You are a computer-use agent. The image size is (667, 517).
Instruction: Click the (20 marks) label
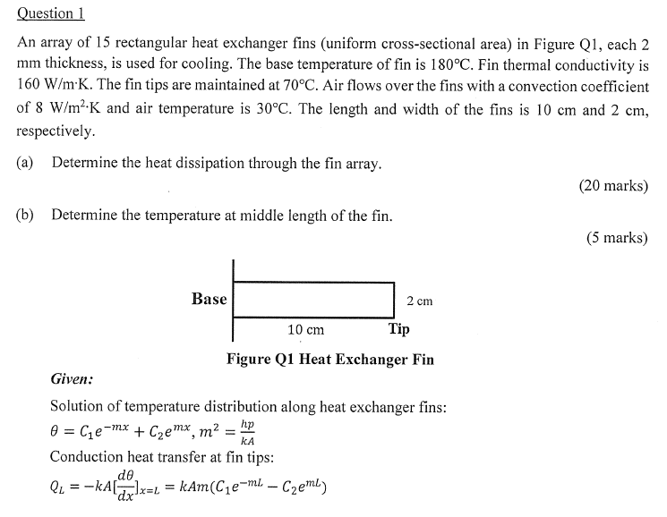click(613, 186)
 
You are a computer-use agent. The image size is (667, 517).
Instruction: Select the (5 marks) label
click(617, 238)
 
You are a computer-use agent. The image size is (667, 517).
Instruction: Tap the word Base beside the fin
click(209, 299)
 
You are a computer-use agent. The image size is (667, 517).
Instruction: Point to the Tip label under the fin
click(399, 329)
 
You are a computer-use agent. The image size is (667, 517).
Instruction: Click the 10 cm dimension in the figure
click(305, 330)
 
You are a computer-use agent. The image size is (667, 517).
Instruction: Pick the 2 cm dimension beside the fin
click(419, 301)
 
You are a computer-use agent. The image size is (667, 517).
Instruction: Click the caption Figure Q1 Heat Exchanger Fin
click(330, 360)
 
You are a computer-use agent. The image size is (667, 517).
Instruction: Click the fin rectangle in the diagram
click(313, 299)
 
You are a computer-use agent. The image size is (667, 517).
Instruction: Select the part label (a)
click(26, 164)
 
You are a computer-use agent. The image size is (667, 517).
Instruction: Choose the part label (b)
click(26, 216)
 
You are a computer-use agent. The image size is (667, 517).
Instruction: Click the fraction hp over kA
click(247, 433)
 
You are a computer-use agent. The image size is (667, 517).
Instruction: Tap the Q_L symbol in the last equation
click(60, 488)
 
